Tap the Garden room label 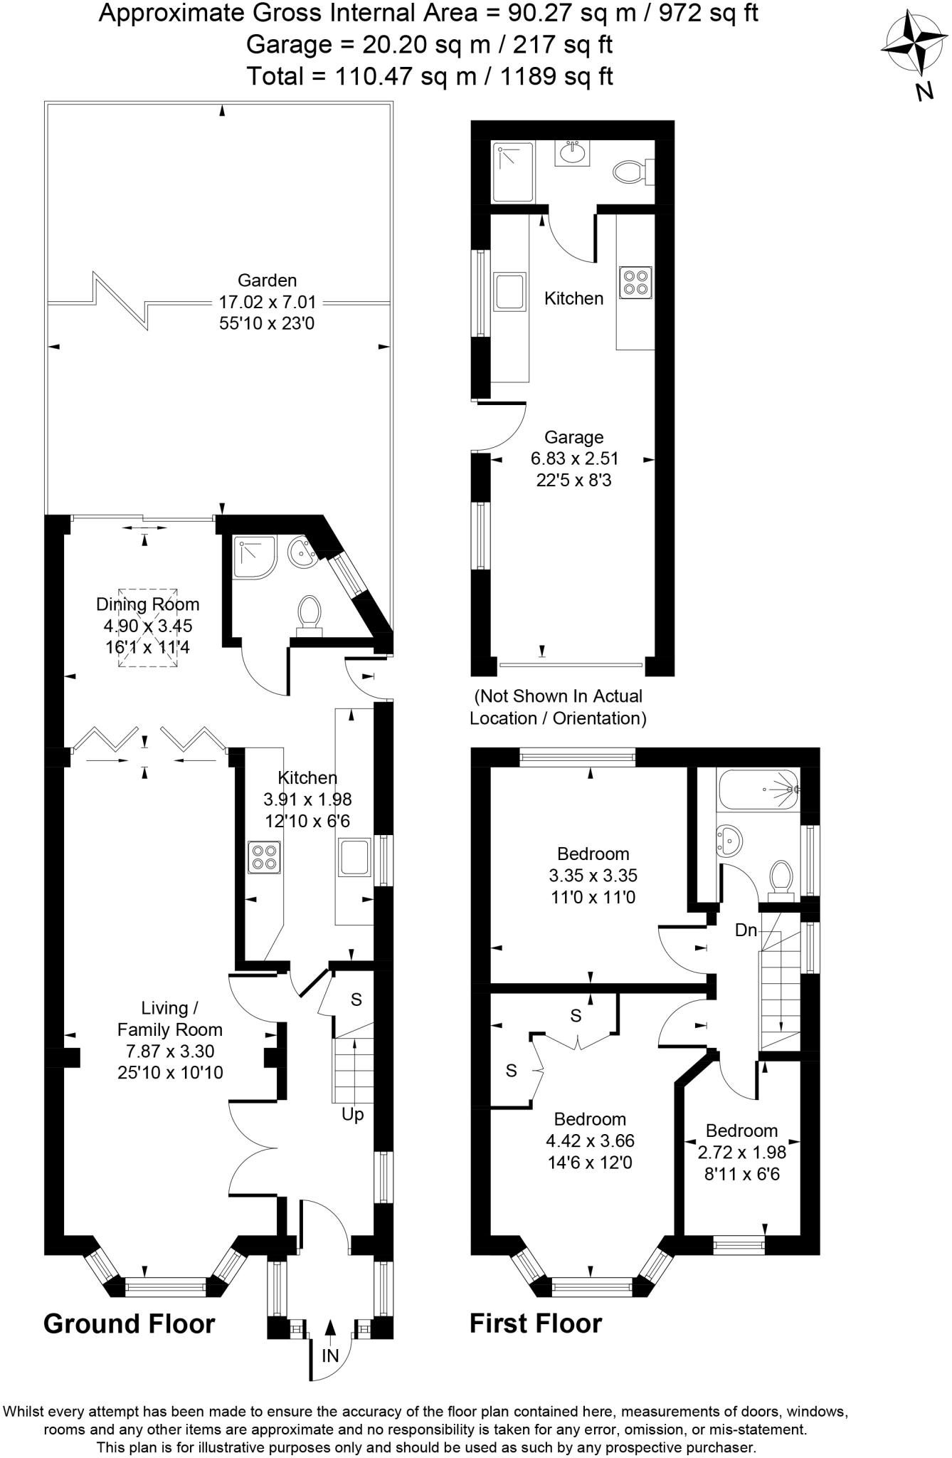[x=267, y=280]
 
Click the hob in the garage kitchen [x=635, y=281]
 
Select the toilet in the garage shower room [x=629, y=172]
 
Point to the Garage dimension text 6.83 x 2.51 [x=574, y=458]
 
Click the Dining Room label [x=148, y=604]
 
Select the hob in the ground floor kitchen [x=264, y=857]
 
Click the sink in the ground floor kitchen [x=354, y=857]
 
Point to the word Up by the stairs [x=352, y=1114]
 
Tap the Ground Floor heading [x=129, y=1324]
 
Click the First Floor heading [x=535, y=1324]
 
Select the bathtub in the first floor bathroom [x=758, y=790]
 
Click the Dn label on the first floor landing [x=746, y=930]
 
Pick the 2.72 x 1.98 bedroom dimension [x=741, y=1153]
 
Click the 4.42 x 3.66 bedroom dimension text [x=590, y=1140]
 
